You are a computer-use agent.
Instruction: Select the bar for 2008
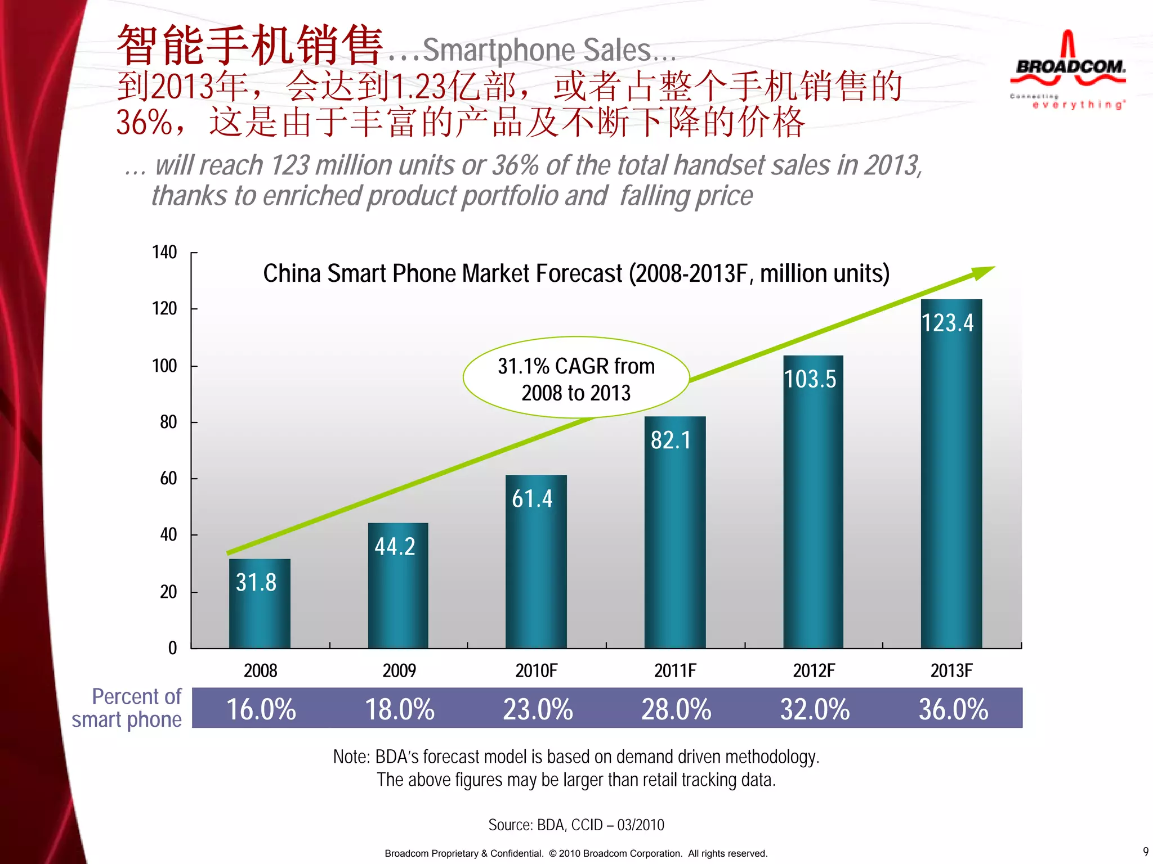pos(260,605)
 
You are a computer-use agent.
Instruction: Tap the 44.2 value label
pos(395,547)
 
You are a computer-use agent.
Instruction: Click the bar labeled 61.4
pos(535,562)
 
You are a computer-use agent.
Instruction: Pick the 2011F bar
pos(674,534)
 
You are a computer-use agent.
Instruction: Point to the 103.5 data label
pos(810,379)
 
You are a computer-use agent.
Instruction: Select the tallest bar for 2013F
pos(951,478)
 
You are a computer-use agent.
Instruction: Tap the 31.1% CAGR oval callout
pos(576,379)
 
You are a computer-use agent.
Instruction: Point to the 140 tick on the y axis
pos(164,253)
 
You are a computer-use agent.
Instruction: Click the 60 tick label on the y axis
pos(168,479)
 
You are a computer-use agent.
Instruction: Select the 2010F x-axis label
pos(536,670)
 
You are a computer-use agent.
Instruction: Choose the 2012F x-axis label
pos(814,670)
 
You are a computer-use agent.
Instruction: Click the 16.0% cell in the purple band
pos(261,709)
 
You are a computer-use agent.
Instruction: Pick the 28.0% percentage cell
pos(676,709)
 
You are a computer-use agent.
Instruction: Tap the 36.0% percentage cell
pos(953,709)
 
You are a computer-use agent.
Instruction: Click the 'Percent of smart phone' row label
pos(128,708)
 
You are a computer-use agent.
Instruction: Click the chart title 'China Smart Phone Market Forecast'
pos(576,274)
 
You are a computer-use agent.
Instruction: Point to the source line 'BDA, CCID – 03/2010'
pos(576,825)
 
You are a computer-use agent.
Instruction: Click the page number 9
pos(1145,852)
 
